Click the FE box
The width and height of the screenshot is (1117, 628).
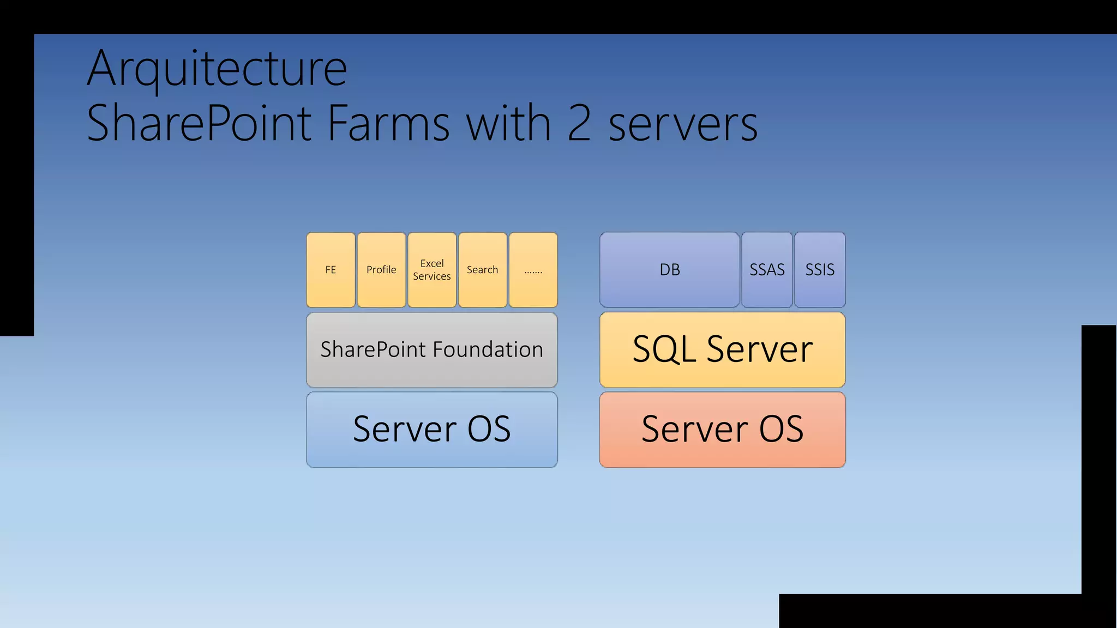point(331,270)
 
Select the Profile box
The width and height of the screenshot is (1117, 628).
point(381,270)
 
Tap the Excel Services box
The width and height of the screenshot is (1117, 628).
point(432,270)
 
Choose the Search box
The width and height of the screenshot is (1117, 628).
point(483,270)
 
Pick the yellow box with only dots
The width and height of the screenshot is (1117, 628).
point(533,270)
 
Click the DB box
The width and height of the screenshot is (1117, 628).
point(670,270)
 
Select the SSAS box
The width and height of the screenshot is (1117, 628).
point(767,270)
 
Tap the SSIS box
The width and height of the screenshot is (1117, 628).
point(820,270)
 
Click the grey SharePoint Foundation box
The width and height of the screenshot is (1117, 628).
point(432,350)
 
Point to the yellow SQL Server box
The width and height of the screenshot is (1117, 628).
point(722,350)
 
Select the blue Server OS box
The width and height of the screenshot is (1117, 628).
point(432,430)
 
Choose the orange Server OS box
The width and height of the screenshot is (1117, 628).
point(722,430)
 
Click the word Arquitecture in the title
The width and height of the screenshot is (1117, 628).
point(217,69)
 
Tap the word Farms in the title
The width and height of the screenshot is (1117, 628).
point(389,123)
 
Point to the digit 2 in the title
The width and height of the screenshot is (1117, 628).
point(579,123)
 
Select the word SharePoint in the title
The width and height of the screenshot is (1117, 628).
point(199,123)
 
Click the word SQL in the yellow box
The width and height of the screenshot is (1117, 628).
point(664,349)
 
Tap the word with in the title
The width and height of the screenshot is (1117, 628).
point(508,123)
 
